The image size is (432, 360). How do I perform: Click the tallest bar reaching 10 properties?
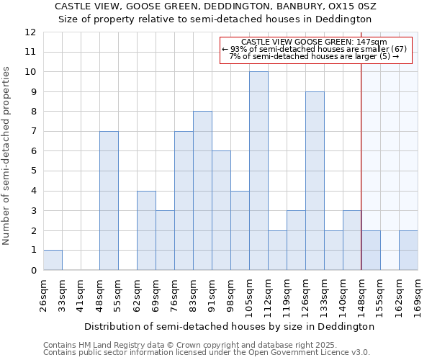(258, 171)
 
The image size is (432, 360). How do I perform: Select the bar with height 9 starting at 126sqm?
(315, 181)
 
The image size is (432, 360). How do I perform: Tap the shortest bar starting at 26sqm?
(53, 260)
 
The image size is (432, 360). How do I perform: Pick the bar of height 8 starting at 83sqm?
(202, 191)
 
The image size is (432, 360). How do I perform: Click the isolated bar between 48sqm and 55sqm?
(109, 201)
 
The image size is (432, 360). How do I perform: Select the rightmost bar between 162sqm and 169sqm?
(408, 250)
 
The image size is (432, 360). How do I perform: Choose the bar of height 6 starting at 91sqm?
(221, 210)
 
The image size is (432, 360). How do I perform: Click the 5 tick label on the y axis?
(33, 171)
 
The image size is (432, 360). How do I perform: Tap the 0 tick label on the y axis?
(33, 271)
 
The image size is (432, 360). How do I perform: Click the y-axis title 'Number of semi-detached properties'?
(6, 155)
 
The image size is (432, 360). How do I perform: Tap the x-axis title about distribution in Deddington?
(229, 326)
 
